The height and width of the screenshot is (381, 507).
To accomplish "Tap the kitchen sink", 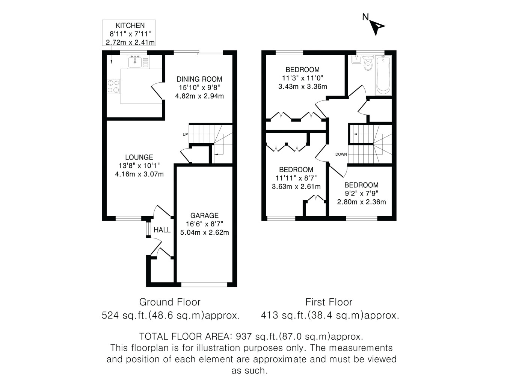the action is click(x=135, y=62).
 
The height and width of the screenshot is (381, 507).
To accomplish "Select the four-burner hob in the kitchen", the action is click(x=114, y=86).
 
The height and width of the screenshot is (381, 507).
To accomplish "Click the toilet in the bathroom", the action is click(x=368, y=63).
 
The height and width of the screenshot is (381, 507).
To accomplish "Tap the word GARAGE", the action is click(x=204, y=216).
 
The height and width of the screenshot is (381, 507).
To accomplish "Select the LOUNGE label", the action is click(x=139, y=157).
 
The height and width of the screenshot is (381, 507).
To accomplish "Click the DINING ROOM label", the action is click(x=199, y=79).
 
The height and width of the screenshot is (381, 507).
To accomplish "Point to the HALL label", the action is click(x=162, y=230).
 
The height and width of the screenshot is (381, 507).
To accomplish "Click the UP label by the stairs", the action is click(x=185, y=134).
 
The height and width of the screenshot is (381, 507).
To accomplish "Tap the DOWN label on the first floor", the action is click(x=341, y=154).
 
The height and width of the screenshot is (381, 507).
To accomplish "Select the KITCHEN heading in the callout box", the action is click(x=130, y=26).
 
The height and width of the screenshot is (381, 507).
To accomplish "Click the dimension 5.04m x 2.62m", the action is click(x=204, y=232).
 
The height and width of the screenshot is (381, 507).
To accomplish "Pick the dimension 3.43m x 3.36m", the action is click(x=303, y=87).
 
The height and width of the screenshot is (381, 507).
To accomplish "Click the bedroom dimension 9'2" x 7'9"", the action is click(x=361, y=193).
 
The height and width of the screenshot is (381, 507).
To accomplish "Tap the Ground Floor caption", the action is click(x=170, y=302).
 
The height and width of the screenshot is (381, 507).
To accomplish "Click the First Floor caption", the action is click(x=329, y=302).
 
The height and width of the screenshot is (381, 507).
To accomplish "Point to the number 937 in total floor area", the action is click(x=243, y=337).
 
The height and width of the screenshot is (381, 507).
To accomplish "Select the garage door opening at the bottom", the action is click(x=204, y=285).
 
